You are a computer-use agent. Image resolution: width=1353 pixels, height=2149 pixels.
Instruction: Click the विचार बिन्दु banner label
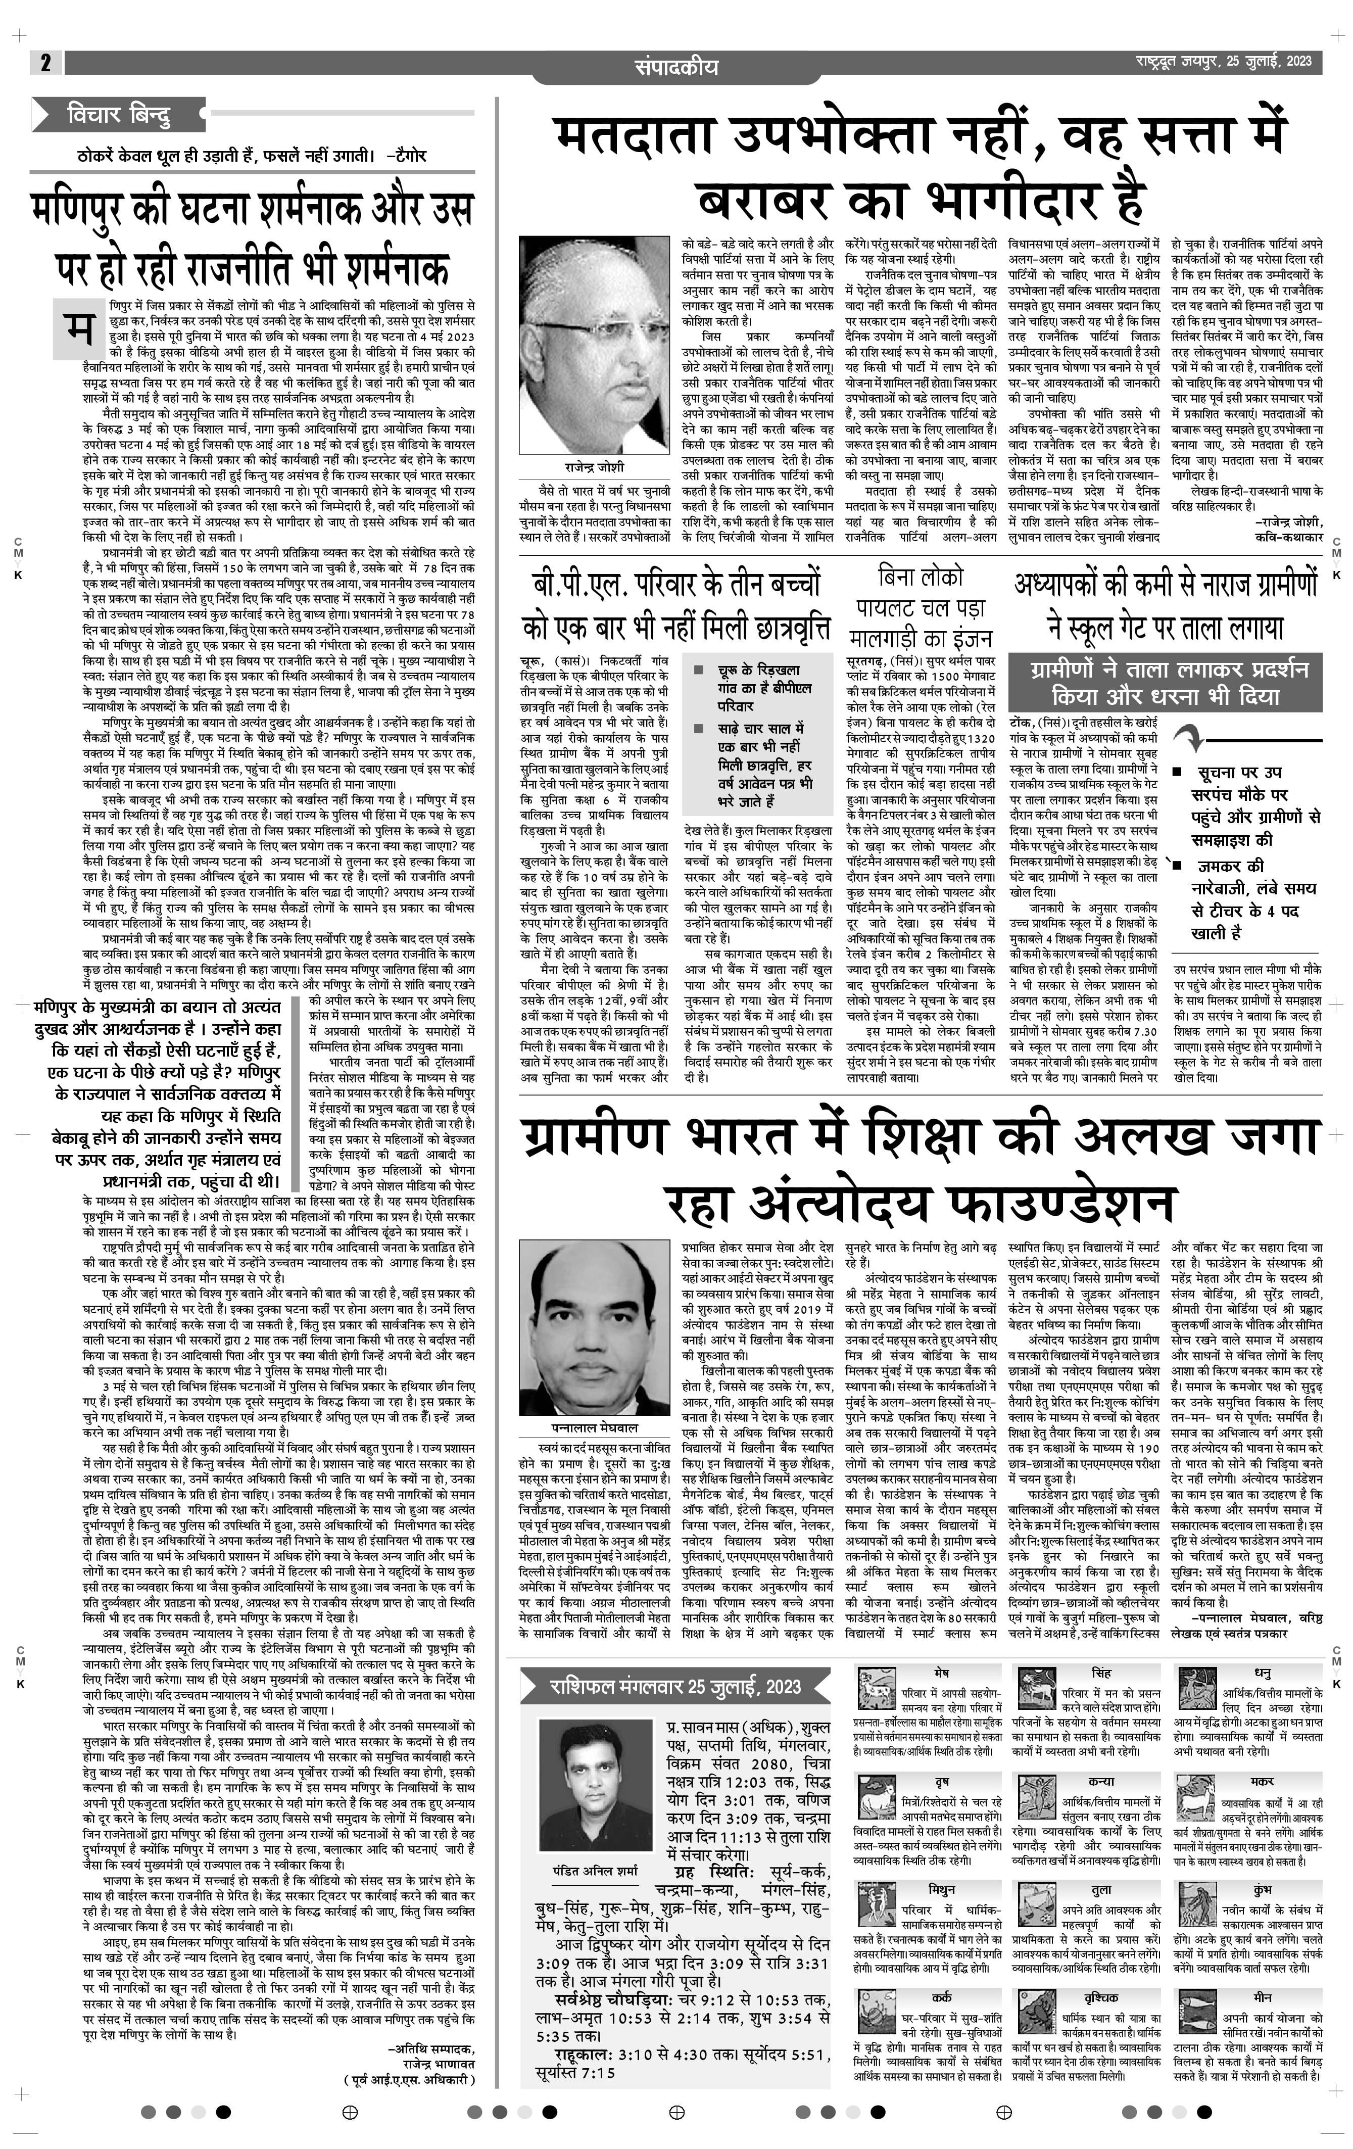click(x=119, y=115)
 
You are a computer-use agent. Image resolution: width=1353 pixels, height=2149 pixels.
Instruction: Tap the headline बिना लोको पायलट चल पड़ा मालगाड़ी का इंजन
click(x=920, y=608)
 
